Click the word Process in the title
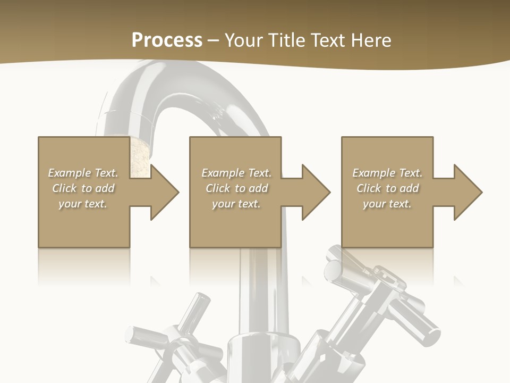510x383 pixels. (x=167, y=40)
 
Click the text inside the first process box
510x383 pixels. (x=83, y=188)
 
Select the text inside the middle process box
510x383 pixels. (x=236, y=188)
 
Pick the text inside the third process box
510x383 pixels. (x=387, y=188)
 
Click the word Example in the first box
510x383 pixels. (x=70, y=173)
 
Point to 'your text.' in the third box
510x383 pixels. (x=387, y=204)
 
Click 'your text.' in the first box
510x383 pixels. (x=83, y=204)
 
